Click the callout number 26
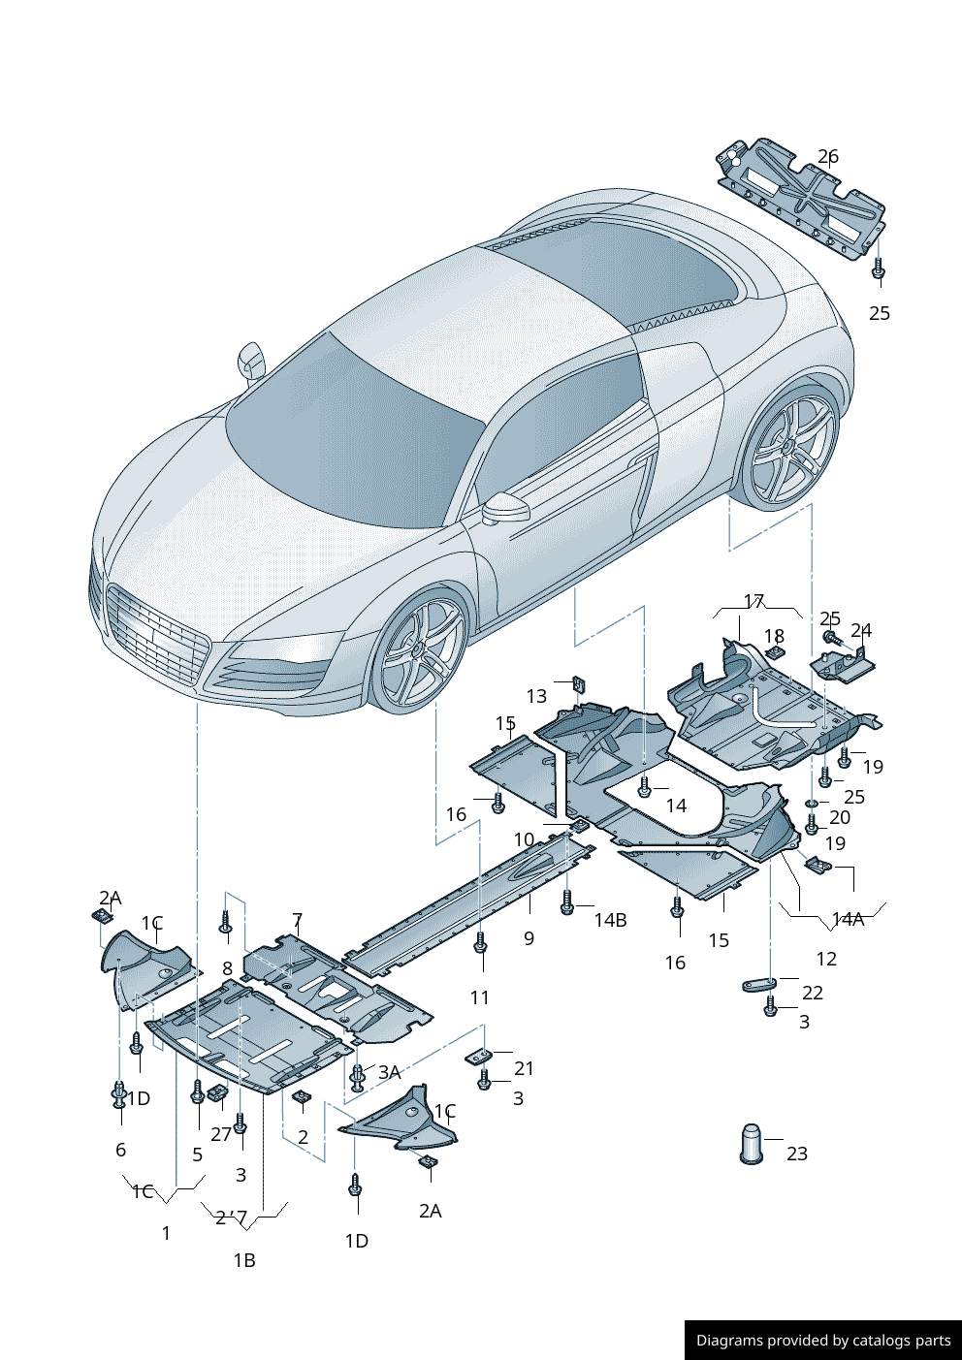coord(828,157)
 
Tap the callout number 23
coord(797,1153)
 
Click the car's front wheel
coord(419,648)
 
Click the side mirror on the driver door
coord(505,509)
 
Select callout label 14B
coord(610,920)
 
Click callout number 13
coord(536,696)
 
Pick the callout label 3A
coord(389,1072)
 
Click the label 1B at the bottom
coord(244,1260)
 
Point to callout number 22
coord(813,993)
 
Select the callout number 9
coord(529,938)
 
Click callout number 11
coord(480,997)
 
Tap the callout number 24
coord(860,631)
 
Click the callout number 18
coord(774,636)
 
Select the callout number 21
coord(524,1068)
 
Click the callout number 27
coord(221,1134)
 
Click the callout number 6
coord(120,1150)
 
